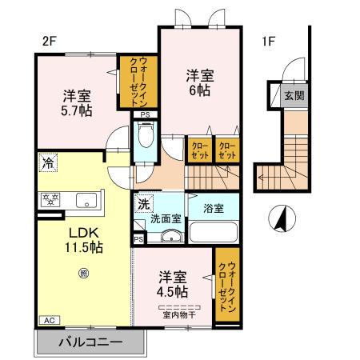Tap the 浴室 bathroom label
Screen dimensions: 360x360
point(213,208)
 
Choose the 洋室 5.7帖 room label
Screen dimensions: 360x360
point(78,102)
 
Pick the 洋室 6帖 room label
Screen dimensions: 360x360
point(200,83)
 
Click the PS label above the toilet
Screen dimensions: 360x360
point(145,115)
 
